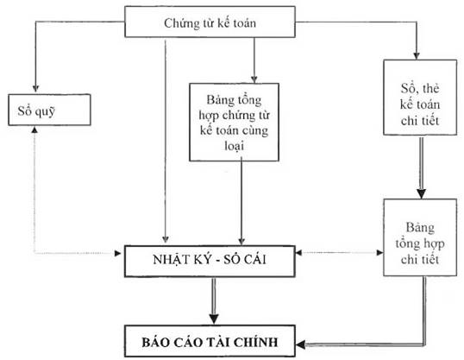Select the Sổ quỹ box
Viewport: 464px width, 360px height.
35,112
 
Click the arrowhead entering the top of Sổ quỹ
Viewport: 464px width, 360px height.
35,88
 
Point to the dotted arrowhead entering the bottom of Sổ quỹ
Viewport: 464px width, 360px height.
35,129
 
